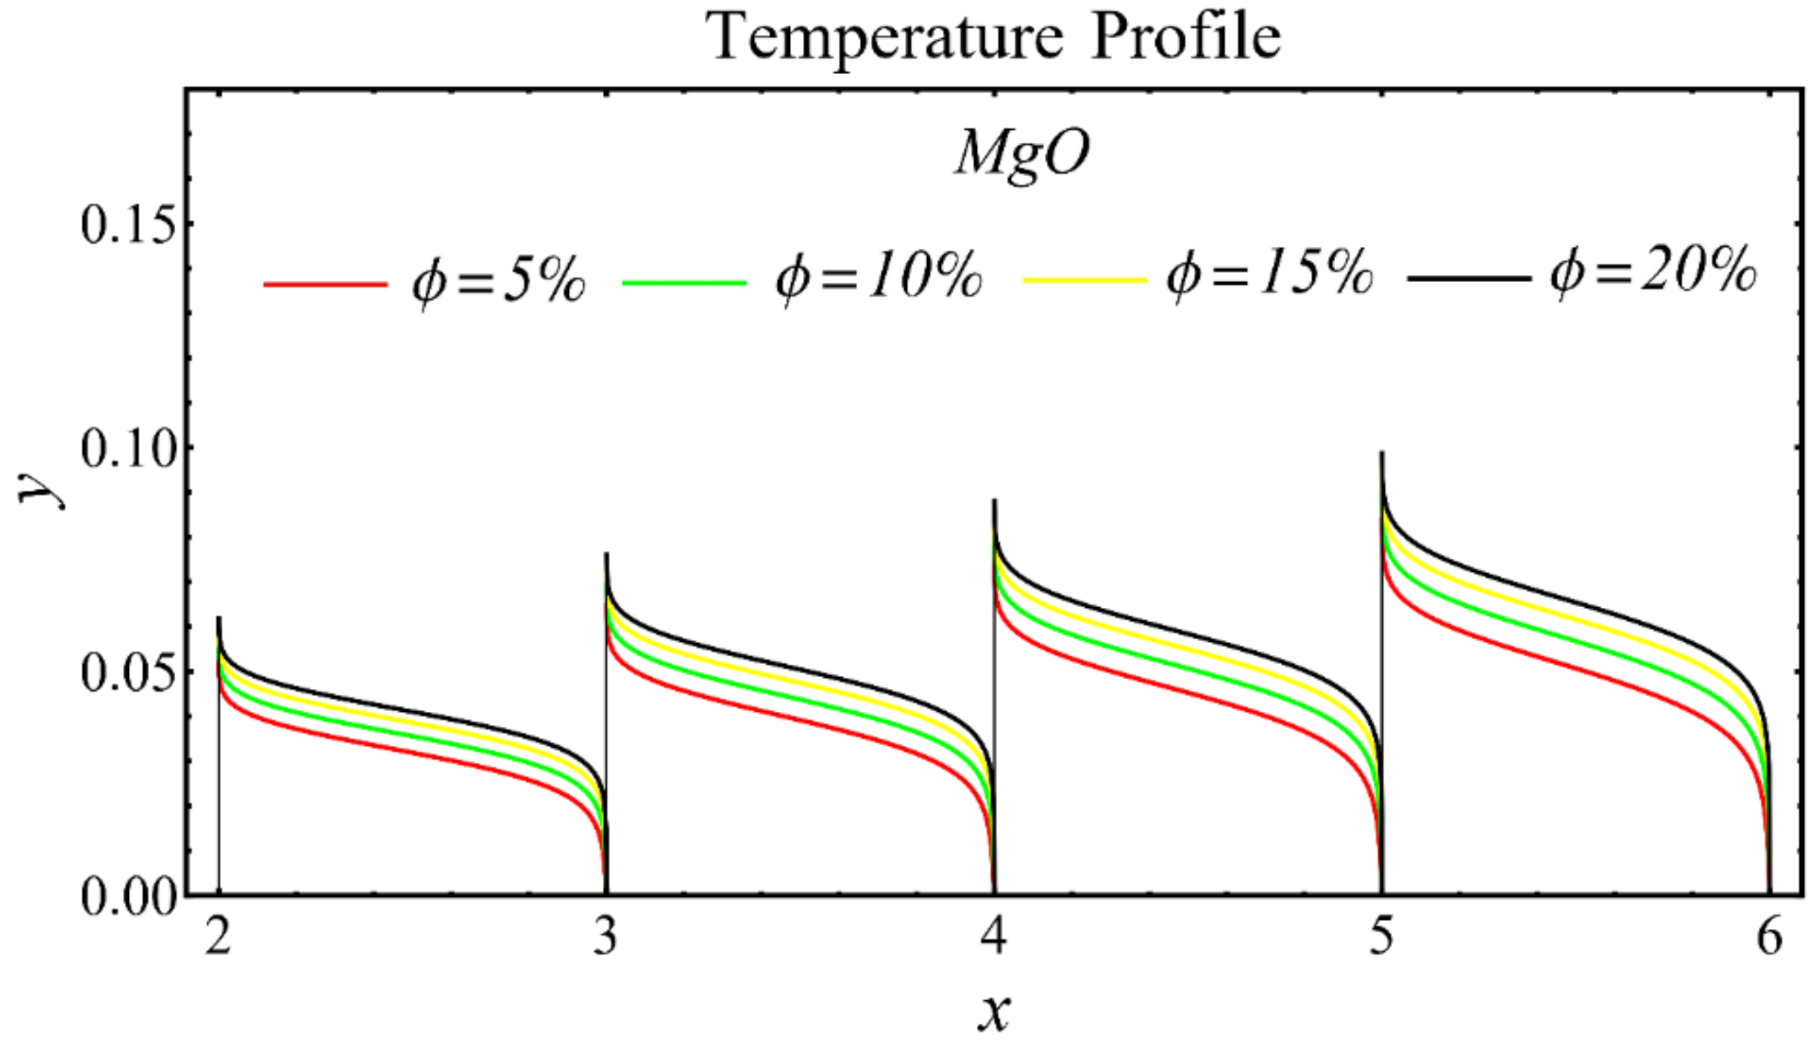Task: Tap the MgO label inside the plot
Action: [x=1022, y=155]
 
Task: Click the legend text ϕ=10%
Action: [x=879, y=278]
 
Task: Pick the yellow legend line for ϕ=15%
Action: [x=1085, y=279]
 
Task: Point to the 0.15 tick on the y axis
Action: [x=128, y=224]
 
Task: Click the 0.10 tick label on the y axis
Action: [x=128, y=448]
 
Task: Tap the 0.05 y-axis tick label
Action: [x=128, y=673]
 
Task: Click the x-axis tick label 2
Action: [x=218, y=938]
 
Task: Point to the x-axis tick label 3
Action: [x=606, y=938]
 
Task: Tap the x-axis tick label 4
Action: [x=994, y=938]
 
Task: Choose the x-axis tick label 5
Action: [x=1382, y=938]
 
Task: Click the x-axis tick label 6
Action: [x=1769, y=938]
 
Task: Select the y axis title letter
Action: [x=39, y=489]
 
